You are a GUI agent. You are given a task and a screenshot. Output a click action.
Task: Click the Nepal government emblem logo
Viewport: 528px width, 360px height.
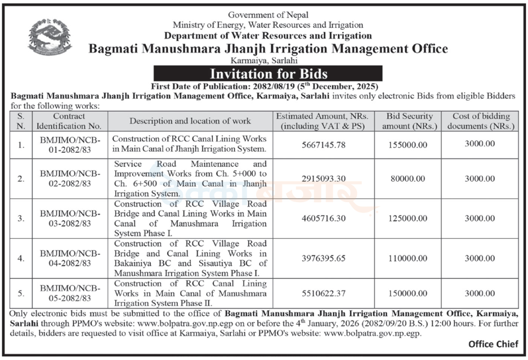tap(50, 37)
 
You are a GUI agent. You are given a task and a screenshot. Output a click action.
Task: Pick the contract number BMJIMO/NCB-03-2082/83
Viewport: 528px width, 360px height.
tap(69, 218)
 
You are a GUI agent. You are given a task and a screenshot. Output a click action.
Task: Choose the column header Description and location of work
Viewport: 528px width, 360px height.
tap(190, 121)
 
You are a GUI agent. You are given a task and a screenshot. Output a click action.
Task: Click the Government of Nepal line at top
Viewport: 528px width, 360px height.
tap(268, 15)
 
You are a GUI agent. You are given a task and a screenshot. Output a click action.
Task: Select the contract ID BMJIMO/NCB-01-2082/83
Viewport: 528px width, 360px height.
tap(69, 144)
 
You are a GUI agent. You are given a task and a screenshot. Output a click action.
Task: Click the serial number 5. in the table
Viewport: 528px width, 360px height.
tap(20, 293)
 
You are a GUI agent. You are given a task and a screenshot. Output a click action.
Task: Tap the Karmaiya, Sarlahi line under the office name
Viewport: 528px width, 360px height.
tap(268, 61)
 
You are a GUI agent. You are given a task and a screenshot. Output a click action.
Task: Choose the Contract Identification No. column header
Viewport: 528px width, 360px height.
tap(69, 121)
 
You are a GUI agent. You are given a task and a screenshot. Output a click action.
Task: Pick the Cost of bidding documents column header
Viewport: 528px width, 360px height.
tap(481, 121)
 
